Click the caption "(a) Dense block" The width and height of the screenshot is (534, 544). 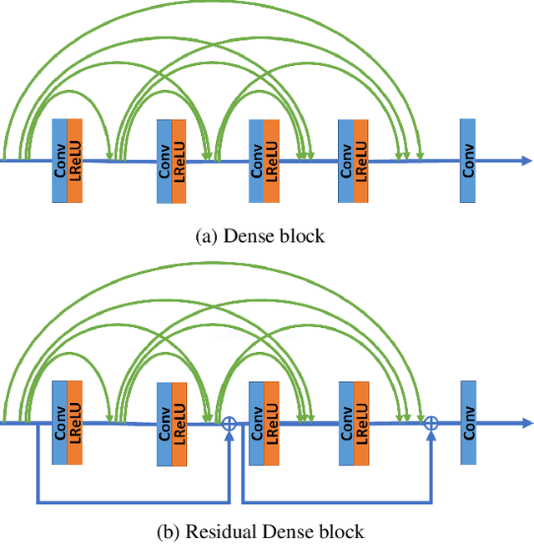point(259,236)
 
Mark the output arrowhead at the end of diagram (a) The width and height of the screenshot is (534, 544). point(525,160)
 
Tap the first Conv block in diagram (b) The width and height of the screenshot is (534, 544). point(59,423)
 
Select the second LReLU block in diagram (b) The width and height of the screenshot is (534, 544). point(179,424)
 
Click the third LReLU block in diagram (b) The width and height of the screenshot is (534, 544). point(271,424)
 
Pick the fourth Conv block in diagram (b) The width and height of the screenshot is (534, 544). point(345,423)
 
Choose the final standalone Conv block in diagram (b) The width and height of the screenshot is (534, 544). point(467,423)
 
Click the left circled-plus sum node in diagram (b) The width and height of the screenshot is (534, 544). point(228,424)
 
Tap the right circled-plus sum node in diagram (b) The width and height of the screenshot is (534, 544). point(431,424)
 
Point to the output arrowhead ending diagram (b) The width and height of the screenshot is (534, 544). point(525,423)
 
